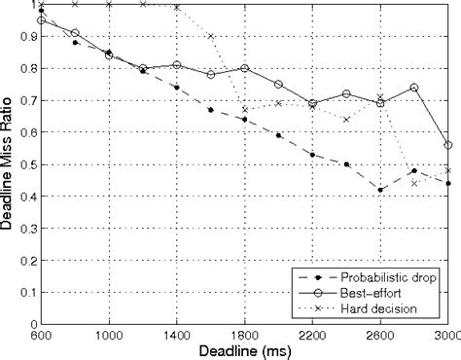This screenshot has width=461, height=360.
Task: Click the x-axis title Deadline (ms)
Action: tap(243, 349)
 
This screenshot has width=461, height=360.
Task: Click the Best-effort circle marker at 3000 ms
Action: tap(448, 145)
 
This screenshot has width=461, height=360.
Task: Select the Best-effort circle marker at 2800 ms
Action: tap(414, 88)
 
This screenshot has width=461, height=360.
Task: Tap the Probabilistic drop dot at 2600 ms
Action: tap(380, 190)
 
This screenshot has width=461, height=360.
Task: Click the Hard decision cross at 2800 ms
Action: tap(414, 183)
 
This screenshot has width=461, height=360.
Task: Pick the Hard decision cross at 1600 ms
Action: tap(211, 37)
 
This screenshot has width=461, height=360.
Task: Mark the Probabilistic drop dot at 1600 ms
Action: tap(211, 110)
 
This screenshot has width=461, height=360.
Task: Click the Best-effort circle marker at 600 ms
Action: tap(41, 20)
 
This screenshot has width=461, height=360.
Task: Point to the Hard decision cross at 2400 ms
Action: tap(346, 120)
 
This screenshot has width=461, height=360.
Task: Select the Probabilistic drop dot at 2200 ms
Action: tap(312, 155)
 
